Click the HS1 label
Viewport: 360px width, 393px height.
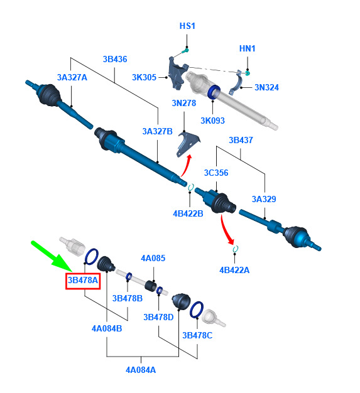tap(187, 26)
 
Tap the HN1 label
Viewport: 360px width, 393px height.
tap(247, 48)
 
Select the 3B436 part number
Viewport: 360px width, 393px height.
tap(115, 60)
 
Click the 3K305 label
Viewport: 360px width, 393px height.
tap(144, 77)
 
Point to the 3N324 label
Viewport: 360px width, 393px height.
tap(266, 87)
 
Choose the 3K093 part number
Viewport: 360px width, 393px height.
tap(212, 121)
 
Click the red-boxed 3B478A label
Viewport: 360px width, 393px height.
tap(83, 280)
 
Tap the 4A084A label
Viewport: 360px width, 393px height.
tap(141, 370)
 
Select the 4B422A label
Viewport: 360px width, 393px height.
tap(234, 270)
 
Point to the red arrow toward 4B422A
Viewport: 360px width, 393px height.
tap(226, 230)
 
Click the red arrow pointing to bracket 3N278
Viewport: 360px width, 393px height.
tap(186, 166)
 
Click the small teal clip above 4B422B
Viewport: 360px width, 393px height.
tap(191, 187)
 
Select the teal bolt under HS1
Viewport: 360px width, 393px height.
tap(185, 51)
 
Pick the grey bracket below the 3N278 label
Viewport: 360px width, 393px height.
tap(187, 144)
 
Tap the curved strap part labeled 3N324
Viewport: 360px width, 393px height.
tap(236, 83)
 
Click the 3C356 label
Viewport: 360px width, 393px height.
tap(216, 173)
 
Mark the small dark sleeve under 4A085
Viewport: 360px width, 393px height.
tap(151, 286)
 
